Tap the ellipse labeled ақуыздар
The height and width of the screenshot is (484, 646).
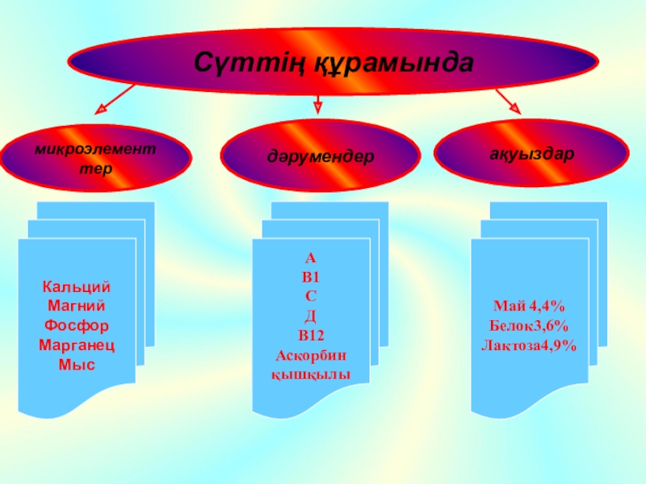[x=531, y=153]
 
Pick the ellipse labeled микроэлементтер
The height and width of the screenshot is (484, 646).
[x=96, y=159]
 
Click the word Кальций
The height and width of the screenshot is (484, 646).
[x=77, y=287]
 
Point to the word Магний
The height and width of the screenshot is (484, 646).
[x=77, y=307]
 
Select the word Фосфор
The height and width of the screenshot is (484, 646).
[x=77, y=326]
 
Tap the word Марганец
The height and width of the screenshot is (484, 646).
[x=77, y=345]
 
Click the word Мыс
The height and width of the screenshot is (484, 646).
[x=77, y=365]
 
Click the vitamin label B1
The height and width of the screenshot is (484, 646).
[x=311, y=277]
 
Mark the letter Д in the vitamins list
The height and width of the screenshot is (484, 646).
[x=311, y=316]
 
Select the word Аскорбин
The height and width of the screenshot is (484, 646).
[x=311, y=355]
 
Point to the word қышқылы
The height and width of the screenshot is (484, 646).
[x=311, y=374]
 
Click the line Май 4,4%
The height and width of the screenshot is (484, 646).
[x=529, y=307]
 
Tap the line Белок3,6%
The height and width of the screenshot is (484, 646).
[x=529, y=326]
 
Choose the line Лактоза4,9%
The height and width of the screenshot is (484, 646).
[x=529, y=345]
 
